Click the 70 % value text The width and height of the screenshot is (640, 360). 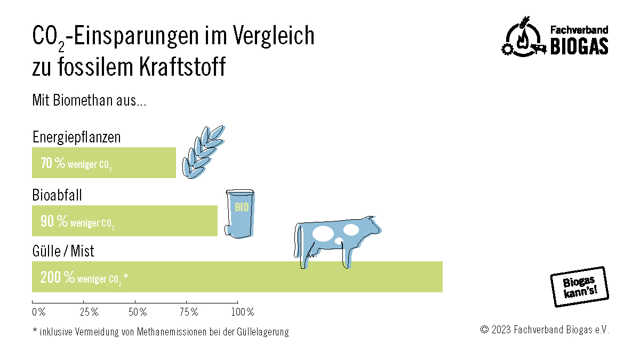(x=53, y=164)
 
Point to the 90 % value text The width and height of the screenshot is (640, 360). (x=54, y=221)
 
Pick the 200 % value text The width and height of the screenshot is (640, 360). (x=57, y=277)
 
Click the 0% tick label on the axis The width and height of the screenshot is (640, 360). (x=38, y=311)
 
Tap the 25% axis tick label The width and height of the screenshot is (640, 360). (x=89, y=311)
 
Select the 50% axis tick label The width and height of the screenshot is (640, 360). (x=137, y=311)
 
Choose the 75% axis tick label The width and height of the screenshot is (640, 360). (x=188, y=311)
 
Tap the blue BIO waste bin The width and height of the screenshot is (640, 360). (x=240, y=213)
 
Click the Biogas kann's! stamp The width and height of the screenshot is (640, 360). (x=579, y=286)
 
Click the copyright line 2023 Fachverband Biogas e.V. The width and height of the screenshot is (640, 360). (x=544, y=330)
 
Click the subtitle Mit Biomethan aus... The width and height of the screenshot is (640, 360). (x=89, y=100)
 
